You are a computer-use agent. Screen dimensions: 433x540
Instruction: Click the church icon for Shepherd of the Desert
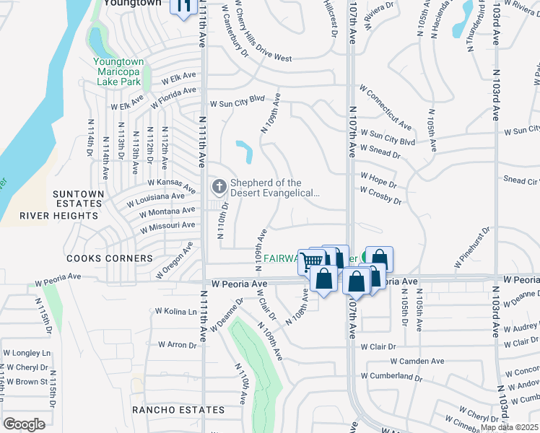pos(219,188)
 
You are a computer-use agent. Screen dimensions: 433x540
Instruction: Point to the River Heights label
pos(53,215)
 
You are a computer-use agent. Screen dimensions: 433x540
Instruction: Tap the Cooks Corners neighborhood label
pos(100,258)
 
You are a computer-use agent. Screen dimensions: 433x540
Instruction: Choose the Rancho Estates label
pos(178,410)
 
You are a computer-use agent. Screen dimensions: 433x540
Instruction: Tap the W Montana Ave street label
pos(167,211)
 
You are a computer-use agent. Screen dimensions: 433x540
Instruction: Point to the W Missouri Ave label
pos(167,226)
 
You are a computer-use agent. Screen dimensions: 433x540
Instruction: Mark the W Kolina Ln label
pos(176,311)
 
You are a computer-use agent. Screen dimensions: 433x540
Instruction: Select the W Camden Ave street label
pos(417,361)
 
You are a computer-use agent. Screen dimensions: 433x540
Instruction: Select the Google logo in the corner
pos(24,424)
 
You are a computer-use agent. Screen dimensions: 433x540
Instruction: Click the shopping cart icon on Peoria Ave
pos(312,260)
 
